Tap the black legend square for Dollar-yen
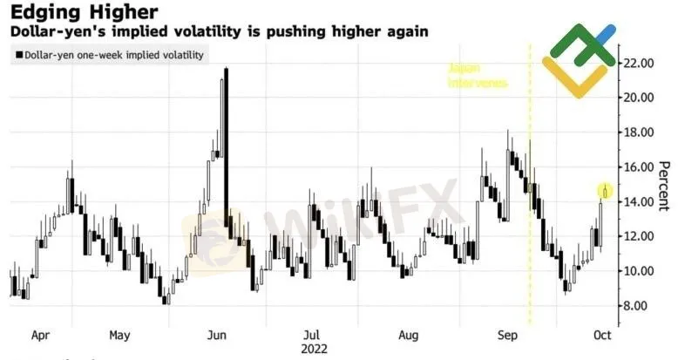pyautogui.click(x=18, y=55)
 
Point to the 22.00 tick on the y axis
pyautogui.click(x=637, y=63)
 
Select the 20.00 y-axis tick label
pyautogui.click(x=637, y=98)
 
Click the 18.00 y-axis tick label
pyautogui.click(x=637, y=132)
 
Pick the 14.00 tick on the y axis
pyautogui.click(x=637, y=201)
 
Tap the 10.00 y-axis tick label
pyautogui.click(x=637, y=271)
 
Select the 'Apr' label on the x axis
pyautogui.click(x=39, y=334)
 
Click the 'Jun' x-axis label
pyautogui.click(x=218, y=334)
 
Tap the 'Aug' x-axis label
pyautogui.click(x=408, y=334)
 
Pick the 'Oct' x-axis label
pyautogui.click(x=602, y=334)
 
